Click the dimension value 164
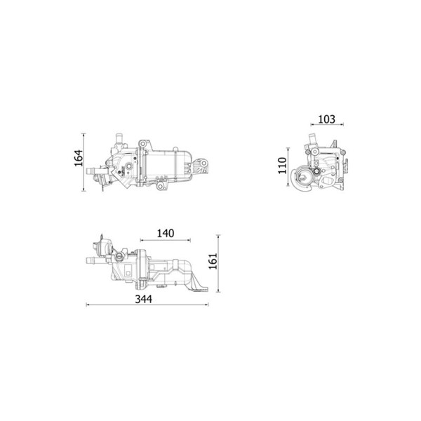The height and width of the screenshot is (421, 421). [79, 158]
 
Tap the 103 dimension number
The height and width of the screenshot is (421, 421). [326, 119]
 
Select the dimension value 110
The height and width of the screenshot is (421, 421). [283, 166]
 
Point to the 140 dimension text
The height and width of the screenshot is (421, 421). [166, 234]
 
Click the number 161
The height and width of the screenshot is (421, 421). [213, 261]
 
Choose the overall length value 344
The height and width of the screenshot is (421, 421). [143, 299]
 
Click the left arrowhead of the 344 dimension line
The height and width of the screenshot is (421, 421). [87, 305]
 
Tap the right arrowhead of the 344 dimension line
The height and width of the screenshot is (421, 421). [207, 305]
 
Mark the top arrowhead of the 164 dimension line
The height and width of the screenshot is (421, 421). [83, 135]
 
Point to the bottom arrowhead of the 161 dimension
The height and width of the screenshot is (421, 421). [218, 290]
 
